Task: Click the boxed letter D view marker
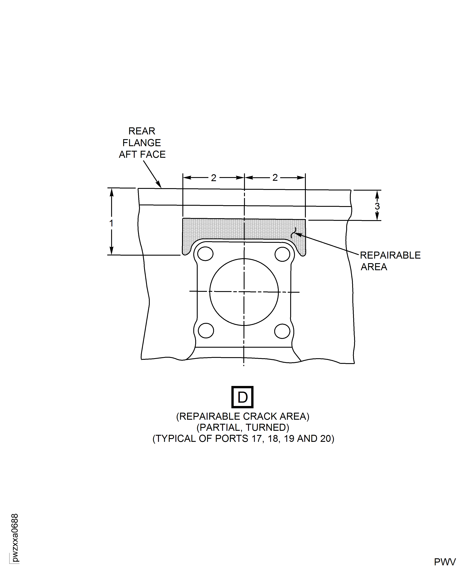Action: pos(242,397)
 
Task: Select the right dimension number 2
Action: pos(275,178)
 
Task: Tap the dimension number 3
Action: pos(377,206)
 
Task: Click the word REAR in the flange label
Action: pos(142,131)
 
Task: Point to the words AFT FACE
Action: pos(142,155)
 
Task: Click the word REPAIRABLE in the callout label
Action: pos(390,255)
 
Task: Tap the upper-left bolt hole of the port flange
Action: pos(205,254)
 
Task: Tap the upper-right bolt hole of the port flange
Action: pos(282,254)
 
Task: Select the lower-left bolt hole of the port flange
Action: pos(206,331)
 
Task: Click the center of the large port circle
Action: pos(244,292)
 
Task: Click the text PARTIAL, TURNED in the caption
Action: pos(243,427)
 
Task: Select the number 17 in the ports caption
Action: pos(256,439)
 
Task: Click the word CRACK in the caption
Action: pos(260,416)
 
